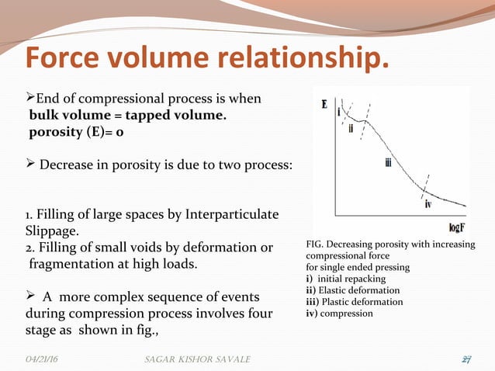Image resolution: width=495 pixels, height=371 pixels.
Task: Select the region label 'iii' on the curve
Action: coord(389,161)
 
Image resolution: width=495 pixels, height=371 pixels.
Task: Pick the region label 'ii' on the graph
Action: coord(351,128)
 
